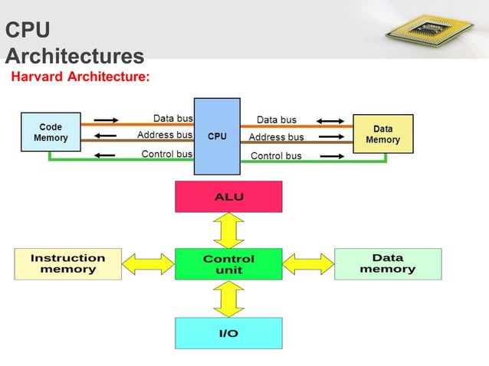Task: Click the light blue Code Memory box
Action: [x=51, y=132]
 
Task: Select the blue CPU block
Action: [x=217, y=136]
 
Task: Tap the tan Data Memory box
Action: [x=382, y=134]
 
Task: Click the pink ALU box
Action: [x=228, y=196]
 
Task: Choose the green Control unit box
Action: [x=228, y=264]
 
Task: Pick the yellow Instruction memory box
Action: [x=67, y=264]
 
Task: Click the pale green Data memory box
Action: [x=388, y=263]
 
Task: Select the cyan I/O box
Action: [x=228, y=333]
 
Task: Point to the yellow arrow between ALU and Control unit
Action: [x=228, y=230]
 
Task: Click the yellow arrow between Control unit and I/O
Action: [x=228, y=299]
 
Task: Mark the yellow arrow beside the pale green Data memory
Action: [x=308, y=264]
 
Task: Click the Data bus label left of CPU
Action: [x=172, y=119]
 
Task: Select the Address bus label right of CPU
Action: [x=276, y=137]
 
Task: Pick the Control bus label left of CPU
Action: [x=166, y=154]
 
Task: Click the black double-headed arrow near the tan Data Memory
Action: [x=330, y=121]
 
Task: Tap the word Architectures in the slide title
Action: [x=74, y=56]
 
